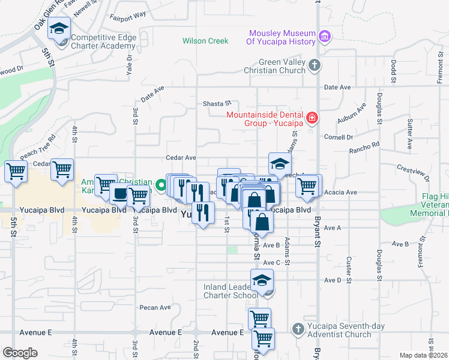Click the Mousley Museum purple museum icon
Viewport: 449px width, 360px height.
tap(325, 37)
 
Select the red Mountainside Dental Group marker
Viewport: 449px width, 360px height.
tap(312, 118)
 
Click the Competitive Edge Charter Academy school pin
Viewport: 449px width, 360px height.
tap(59, 29)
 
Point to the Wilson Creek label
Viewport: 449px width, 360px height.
tap(206, 41)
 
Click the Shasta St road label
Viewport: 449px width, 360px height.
tap(217, 103)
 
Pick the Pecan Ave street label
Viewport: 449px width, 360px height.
tap(155, 307)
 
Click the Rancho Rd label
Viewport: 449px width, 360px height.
tap(365, 145)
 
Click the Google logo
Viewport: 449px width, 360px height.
tap(20, 353)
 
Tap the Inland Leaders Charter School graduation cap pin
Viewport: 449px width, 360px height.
tap(262, 280)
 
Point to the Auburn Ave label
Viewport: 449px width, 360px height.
tap(351, 116)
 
